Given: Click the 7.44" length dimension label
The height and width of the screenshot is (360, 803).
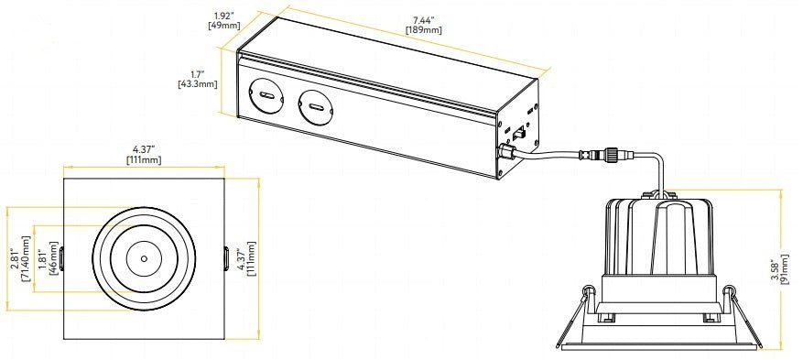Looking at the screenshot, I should pos(422,18).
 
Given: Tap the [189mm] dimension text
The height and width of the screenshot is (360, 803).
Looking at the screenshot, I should pos(423,29).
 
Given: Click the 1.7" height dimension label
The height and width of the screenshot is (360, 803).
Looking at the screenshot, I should pos(198,73).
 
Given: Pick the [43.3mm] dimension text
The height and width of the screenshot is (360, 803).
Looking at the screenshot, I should pos(197,84).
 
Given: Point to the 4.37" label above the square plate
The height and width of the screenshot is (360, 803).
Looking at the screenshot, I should pos(144,149).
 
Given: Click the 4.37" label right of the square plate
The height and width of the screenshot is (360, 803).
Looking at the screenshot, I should pos(241,260).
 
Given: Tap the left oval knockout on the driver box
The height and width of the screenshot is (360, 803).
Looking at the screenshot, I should pos(268,96).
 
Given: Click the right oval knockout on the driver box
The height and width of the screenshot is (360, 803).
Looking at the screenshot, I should pos(316,111).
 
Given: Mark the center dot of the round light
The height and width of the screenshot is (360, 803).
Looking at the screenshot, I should pos(144,258).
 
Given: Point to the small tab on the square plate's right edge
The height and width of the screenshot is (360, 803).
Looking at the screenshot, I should pos(225,258).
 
